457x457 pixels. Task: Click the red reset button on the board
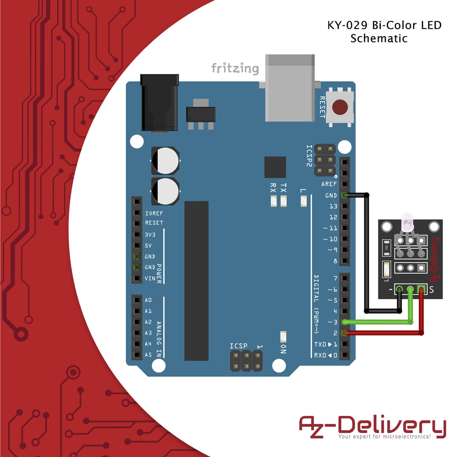(x=340, y=107)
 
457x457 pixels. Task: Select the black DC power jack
(x=159, y=103)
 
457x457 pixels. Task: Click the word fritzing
(x=235, y=68)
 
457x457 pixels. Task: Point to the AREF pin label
(x=329, y=184)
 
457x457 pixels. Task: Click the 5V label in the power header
(x=148, y=246)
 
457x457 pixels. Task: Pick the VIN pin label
(x=150, y=278)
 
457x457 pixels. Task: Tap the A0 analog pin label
(x=148, y=300)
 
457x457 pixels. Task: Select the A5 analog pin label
(x=148, y=355)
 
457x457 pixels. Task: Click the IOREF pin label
(x=154, y=213)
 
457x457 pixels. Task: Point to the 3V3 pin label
(x=150, y=235)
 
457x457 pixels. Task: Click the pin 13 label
(x=333, y=206)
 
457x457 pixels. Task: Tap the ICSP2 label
(x=309, y=156)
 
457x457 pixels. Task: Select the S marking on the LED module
(x=431, y=290)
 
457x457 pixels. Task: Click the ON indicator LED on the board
(x=283, y=337)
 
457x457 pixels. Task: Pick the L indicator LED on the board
(x=303, y=201)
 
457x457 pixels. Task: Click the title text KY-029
(x=347, y=25)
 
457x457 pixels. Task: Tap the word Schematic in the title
(x=379, y=39)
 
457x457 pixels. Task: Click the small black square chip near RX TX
(x=275, y=167)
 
